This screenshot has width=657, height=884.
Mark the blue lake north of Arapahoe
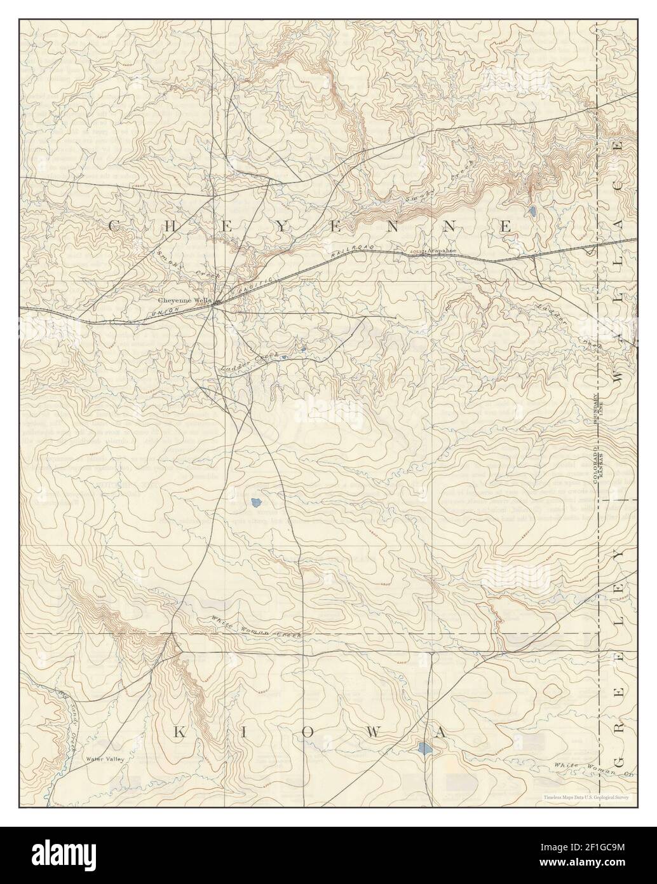(x=532, y=209)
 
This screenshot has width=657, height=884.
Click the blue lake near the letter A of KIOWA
(x=424, y=749)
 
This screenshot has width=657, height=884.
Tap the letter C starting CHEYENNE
(x=115, y=226)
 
